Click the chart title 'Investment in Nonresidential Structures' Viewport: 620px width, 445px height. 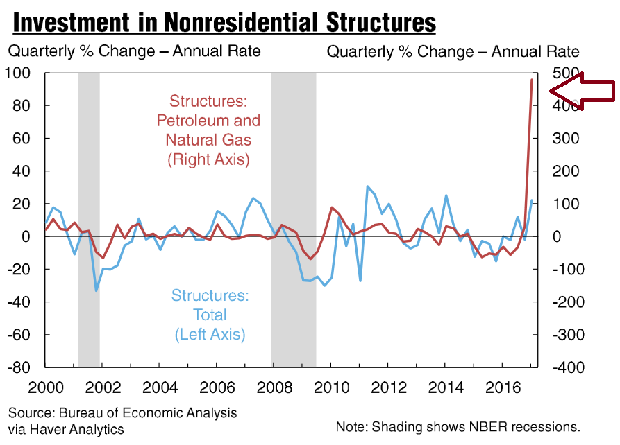(224, 22)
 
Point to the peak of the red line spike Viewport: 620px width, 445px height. (532, 80)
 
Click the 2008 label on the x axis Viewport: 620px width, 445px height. (275, 385)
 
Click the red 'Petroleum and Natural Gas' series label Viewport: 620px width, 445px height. (208, 130)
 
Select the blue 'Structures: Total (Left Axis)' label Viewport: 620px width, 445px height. (209, 315)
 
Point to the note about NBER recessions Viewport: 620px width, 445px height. (457, 426)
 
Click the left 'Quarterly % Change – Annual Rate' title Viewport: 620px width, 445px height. (134, 51)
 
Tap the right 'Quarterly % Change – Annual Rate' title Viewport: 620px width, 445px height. (453, 51)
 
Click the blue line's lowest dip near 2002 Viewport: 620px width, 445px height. (96, 290)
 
